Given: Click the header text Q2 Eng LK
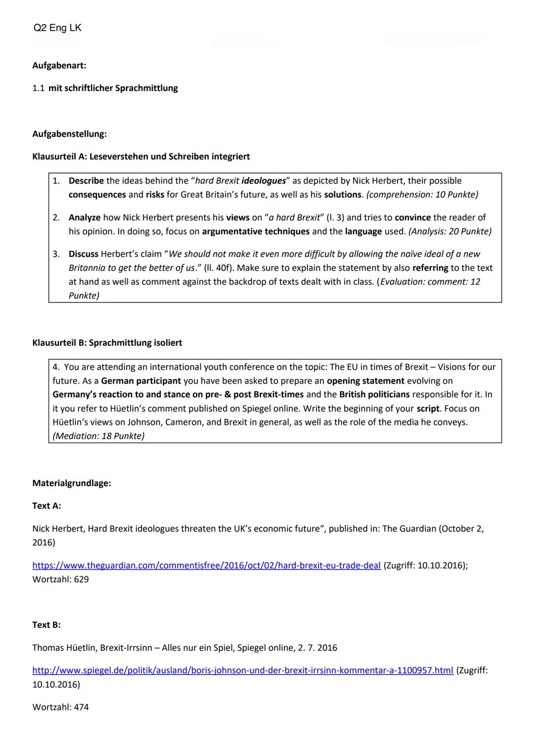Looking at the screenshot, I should [57, 28].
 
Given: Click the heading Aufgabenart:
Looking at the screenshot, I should [59, 65].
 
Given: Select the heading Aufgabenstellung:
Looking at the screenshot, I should [69, 134].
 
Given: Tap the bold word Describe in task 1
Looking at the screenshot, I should [86, 181].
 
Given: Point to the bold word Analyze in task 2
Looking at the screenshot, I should [84, 217].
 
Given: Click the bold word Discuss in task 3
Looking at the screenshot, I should [83, 254].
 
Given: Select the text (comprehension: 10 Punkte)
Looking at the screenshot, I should [422, 195].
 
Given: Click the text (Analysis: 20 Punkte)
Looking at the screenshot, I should [449, 231].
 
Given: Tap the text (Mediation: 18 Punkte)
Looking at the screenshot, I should [98, 436].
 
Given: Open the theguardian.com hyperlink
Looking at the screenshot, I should [206, 565].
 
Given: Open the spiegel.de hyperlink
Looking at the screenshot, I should [242, 671].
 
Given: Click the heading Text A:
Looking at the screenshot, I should [46, 505].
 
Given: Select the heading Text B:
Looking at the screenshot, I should [46, 625].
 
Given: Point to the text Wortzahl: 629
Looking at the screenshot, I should [60, 579].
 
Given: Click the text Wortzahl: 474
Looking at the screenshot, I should [60, 707].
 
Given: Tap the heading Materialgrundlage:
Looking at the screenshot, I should [71, 483].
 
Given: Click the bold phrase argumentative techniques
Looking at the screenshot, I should [256, 231].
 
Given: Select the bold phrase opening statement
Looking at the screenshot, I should [365, 381].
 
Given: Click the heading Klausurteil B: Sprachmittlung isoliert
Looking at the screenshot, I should [107, 343].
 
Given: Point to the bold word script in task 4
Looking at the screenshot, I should [428, 409].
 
